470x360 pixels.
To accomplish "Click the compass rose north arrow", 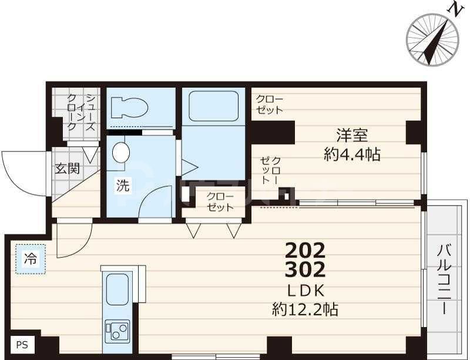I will pyautogui.click(x=434, y=39).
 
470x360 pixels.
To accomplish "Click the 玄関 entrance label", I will pyautogui.click(x=68, y=169).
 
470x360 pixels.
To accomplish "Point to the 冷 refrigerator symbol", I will pyautogui.click(x=29, y=258).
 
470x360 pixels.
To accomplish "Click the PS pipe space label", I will pyautogui.click(x=22, y=345).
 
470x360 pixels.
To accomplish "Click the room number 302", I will pyautogui.click(x=305, y=271).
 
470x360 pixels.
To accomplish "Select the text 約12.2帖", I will pyautogui.click(x=305, y=309).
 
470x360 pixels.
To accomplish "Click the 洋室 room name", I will pyautogui.click(x=352, y=134).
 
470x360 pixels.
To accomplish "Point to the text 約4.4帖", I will pyautogui.click(x=352, y=154).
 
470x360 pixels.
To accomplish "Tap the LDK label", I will pyautogui.click(x=305, y=290).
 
